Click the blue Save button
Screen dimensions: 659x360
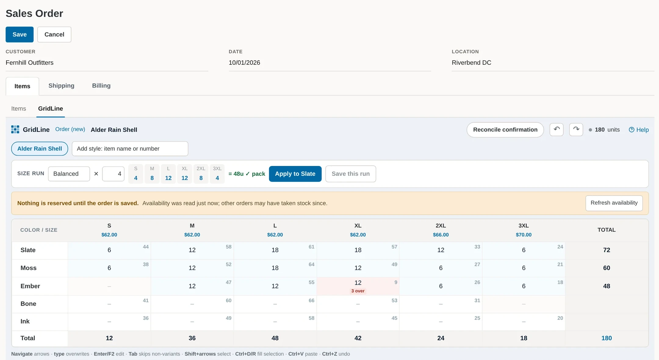pos(20,34)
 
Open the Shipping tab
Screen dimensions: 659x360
pos(61,86)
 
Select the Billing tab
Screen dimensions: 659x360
pos(101,86)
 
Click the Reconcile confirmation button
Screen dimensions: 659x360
pos(505,130)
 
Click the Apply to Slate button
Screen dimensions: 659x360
pos(295,174)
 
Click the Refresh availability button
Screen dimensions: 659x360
pos(614,203)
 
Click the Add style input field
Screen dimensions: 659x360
pos(130,149)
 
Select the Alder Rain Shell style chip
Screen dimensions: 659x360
pos(40,149)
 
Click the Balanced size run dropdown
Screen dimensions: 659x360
pos(69,174)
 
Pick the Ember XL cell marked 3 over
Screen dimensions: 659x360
pos(358,286)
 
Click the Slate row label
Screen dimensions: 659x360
pos(28,250)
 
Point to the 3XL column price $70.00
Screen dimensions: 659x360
pos(524,235)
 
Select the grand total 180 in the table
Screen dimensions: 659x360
pos(606,338)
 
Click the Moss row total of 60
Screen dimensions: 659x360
pos(606,268)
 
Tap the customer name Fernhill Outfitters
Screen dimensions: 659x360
pos(30,63)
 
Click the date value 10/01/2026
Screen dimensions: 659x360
pos(244,63)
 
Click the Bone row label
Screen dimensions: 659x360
pos(28,304)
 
